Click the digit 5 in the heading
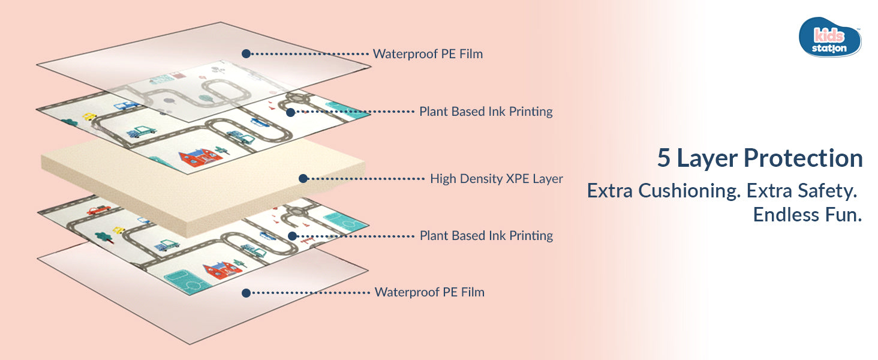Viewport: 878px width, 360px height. [664, 158]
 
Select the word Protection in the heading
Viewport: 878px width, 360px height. [803, 158]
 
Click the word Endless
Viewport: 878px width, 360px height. [778, 215]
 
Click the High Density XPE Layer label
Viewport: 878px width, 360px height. [496, 178]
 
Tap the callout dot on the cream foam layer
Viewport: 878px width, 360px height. [303, 178]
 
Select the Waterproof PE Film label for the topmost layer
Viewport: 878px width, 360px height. [428, 54]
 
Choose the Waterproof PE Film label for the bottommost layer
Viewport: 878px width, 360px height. [429, 292]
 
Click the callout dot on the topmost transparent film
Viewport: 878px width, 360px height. [246, 53]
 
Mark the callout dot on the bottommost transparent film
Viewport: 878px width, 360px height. [245, 293]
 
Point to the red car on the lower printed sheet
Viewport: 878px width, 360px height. [98, 210]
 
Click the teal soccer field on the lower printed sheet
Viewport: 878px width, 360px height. [187, 281]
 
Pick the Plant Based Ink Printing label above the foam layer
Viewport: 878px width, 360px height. [486, 112]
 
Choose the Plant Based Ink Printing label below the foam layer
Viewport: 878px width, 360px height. [486, 236]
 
